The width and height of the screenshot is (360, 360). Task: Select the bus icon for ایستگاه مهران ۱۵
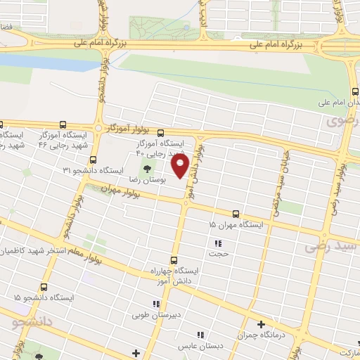coord(235,213)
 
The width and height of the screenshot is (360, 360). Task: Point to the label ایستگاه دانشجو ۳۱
coord(94,171)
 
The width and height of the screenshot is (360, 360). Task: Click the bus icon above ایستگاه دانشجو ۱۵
coord(44,287)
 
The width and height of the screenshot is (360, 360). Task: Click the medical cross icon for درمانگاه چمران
coord(261,324)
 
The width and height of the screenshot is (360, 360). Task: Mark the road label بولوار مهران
coord(116,188)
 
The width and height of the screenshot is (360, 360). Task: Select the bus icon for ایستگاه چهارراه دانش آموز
coord(174,259)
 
